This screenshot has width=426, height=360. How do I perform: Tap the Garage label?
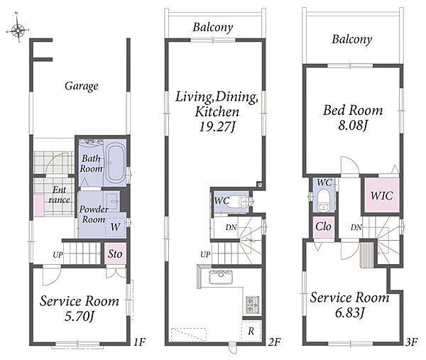click(x=81, y=86)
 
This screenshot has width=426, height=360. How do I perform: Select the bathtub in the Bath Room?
click(x=115, y=163)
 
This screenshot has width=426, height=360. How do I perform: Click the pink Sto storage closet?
click(x=115, y=253)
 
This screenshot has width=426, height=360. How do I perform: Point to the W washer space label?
click(x=115, y=227)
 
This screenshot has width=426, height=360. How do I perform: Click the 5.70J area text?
click(x=79, y=316)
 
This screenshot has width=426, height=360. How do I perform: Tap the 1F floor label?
click(x=140, y=342)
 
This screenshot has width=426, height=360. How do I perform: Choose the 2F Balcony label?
click(x=213, y=27)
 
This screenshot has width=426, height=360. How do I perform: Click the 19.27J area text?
click(x=217, y=126)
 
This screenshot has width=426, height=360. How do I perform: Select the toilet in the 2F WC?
click(x=246, y=202)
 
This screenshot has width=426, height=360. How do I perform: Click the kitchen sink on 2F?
click(x=221, y=277)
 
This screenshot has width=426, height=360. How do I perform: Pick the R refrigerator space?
click(x=251, y=331)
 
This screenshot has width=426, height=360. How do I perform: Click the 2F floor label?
click(x=274, y=342)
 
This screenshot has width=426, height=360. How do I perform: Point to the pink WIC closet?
click(x=382, y=195)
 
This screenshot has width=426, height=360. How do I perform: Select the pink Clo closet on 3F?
click(x=323, y=227)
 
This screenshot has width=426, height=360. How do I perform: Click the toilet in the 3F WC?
click(x=323, y=200)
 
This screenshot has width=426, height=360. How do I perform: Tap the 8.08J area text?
click(x=353, y=125)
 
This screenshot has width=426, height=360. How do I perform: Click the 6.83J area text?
click(x=349, y=312)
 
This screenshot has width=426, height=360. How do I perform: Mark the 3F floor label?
click(x=411, y=342)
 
